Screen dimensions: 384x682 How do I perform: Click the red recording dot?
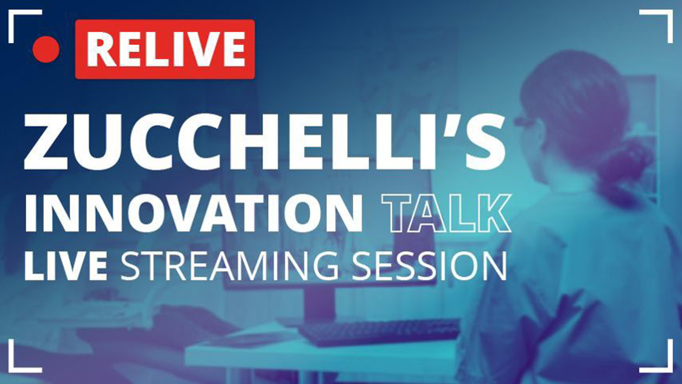click(46, 49)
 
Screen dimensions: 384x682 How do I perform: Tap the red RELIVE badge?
click(165, 49)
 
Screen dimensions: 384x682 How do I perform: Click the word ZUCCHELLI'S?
click(264, 142)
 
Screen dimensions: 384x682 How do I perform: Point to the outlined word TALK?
click(446, 213)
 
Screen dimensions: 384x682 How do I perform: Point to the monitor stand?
click(320, 302)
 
